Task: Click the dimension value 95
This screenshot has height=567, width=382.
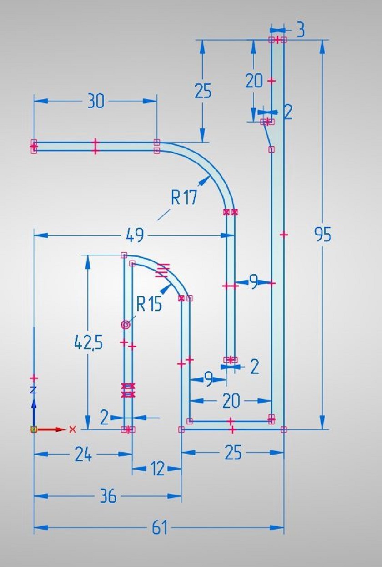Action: click(x=322, y=235)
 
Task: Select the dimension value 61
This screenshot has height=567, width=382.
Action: click(x=160, y=527)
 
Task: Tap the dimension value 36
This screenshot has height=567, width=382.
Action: click(x=108, y=496)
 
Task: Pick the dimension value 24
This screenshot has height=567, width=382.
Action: click(x=83, y=455)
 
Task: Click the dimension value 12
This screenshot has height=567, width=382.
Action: click(x=157, y=468)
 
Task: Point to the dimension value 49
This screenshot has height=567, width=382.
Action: click(x=135, y=235)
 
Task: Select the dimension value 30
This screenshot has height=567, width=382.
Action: click(x=95, y=101)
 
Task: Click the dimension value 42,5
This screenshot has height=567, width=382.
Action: click(x=89, y=343)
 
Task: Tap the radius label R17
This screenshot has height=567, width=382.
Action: click(x=184, y=198)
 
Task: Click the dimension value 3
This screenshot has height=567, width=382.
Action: click(x=300, y=31)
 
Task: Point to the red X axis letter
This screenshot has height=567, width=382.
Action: click(x=73, y=429)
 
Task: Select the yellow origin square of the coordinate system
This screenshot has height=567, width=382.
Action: click(x=34, y=429)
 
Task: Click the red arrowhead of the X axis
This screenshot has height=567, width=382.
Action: click(x=60, y=429)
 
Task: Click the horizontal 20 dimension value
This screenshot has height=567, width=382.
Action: click(x=231, y=401)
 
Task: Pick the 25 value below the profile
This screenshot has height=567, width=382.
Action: click(x=233, y=453)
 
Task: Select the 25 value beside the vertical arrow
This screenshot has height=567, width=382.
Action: click(x=203, y=91)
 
